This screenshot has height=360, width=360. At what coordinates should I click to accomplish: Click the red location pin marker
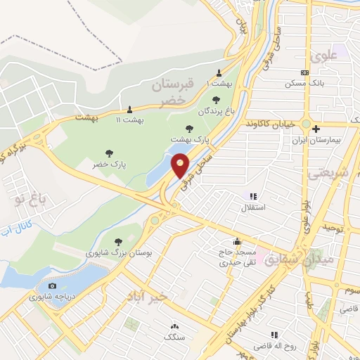(181, 165)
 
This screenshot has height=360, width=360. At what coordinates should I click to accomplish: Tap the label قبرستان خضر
(172, 92)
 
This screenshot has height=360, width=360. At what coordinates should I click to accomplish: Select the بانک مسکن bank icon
(304, 72)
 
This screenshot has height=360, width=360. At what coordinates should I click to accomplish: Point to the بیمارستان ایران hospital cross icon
(316, 129)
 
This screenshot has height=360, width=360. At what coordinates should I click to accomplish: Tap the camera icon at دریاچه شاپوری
(51, 285)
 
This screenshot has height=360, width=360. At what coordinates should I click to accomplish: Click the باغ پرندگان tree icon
(215, 99)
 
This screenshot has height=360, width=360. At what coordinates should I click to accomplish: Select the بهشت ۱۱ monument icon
(129, 109)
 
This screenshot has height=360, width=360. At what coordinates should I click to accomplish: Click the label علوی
(327, 54)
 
